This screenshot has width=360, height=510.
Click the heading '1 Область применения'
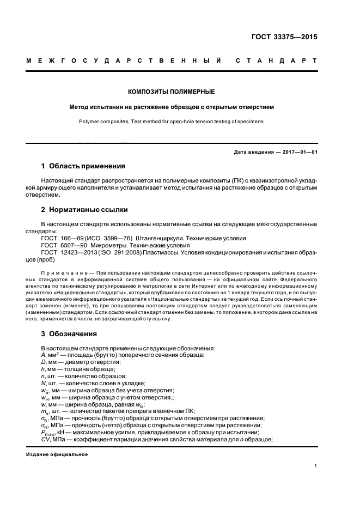point(83,166)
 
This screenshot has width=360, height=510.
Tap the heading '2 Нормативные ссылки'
point(86,209)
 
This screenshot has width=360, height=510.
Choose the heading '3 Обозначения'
point(69,333)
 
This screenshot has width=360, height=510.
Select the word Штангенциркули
point(163,238)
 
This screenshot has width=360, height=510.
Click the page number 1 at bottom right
point(316,466)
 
